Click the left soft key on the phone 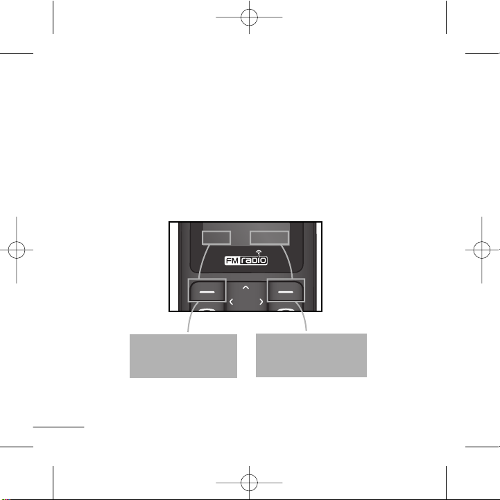[207, 291]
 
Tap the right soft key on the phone [286, 291]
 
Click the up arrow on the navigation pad [245, 288]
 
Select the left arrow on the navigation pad [232, 302]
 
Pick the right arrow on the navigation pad [261, 302]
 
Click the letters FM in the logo [232, 261]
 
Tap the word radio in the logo [254, 261]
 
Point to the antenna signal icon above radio [259, 252]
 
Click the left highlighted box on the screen [216, 238]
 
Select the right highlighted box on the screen [270, 238]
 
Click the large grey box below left [183, 356]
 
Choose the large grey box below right [311, 356]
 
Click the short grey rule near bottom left [59, 427]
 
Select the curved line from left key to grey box [191, 315]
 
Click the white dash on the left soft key [207, 292]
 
